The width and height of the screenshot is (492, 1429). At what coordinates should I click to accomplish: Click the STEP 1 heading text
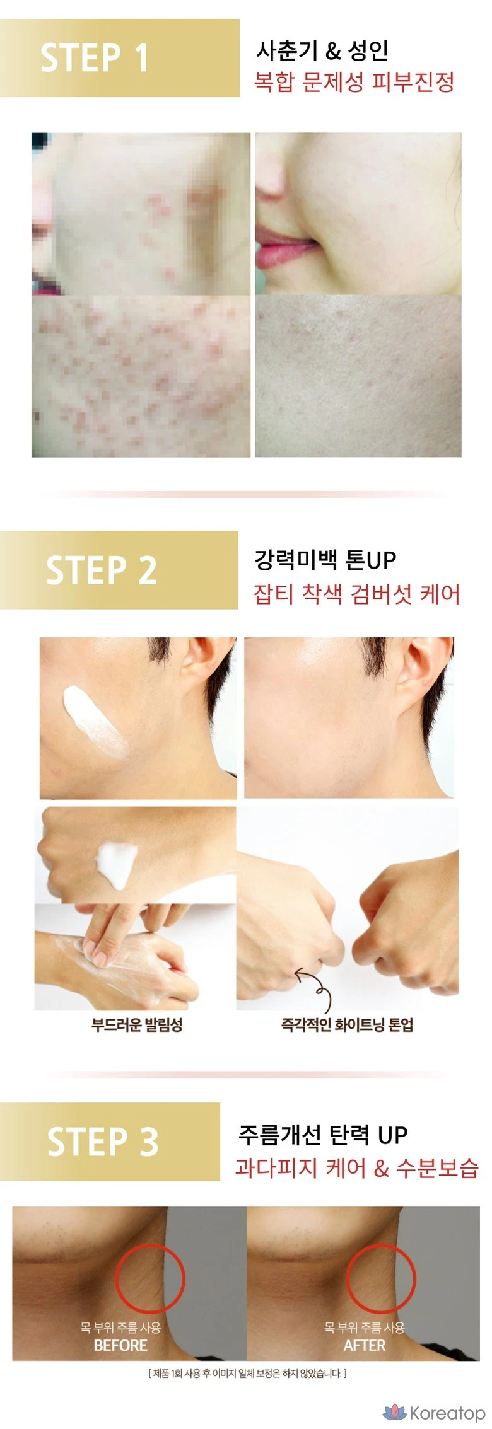pyautogui.click(x=95, y=57)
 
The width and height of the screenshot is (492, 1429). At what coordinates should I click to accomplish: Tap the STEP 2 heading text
pyautogui.click(x=102, y=570)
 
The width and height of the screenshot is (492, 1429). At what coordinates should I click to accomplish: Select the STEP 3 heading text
pyautogui.click(x=103, y=1141)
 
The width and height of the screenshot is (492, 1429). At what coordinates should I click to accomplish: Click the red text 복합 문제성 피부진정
pyautogui.click(x=354, y=82)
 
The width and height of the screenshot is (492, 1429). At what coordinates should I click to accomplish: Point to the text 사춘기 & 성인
pyautogui.click(x=322, y=50)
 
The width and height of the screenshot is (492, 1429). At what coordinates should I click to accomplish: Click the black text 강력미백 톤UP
pyautogui.click(x=325, y=559)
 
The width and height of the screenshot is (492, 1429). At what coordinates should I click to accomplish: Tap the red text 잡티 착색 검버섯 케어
pyautogui.click(x=356, y=594)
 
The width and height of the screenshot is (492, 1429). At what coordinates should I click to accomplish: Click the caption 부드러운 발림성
pyautogui.click(x=137, y=1024)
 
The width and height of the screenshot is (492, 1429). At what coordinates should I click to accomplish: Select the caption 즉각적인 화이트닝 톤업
pyautogui.click(x=347, y=1024)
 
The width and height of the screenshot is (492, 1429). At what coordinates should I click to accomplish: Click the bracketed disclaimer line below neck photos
pyautogui.click(x=247, y=1373)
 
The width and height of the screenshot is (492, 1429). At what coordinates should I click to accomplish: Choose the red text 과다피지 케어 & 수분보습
pyautogui.click(x=357, y=1167)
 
